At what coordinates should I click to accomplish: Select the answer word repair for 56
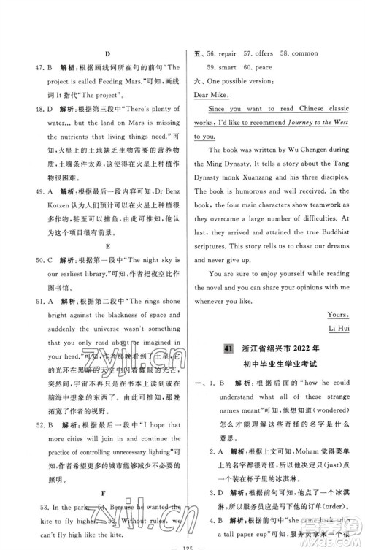click(x=235, y=54)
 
